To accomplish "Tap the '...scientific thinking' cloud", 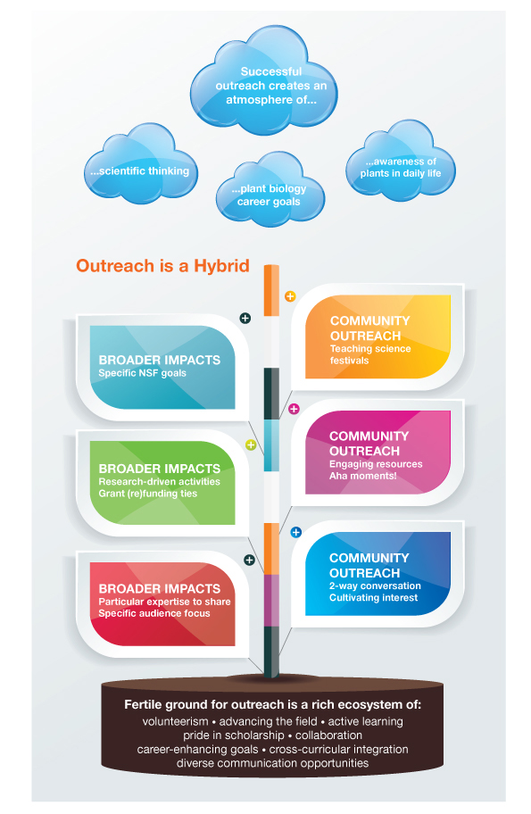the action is pyautogui.click(x=140, y=165).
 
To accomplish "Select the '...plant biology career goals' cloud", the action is pyautogui.click(x=270, y=191).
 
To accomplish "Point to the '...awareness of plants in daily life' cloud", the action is pyautogui.click(x=401, y=162).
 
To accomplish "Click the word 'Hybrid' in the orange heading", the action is pyautogui.click(x=221, y=266).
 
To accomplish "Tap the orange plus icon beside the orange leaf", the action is pyautogui.click(x=290, y=296).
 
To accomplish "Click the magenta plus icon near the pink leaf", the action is pyautogui.click(x=294, y=409).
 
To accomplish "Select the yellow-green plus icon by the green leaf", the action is pyautogui.click(x=251, y=444).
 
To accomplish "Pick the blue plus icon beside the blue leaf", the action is pyautogui.click(x=296, y=532).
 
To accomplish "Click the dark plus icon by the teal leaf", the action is pyautogui.click(x=245, y=319).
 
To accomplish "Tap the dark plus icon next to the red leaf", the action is pyautogui.click(x=249, y=561).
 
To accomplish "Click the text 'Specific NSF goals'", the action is pyautogui.click(x=142, y=373).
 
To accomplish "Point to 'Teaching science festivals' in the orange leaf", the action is pyautogui.click(x=370, y=354).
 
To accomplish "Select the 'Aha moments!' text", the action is pyautogui.click(x=363, y=476).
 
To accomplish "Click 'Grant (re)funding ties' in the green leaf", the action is pyautogui.click(x=148, y=494).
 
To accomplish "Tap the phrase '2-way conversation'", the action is pyautogui.click(x=375, y=586).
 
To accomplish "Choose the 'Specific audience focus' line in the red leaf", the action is pyautogui.click(x=154, y=613).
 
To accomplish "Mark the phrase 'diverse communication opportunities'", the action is pyautogui.click(x=272, y=763).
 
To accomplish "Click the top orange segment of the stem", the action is pyautogui.click(x=271, y=291).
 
